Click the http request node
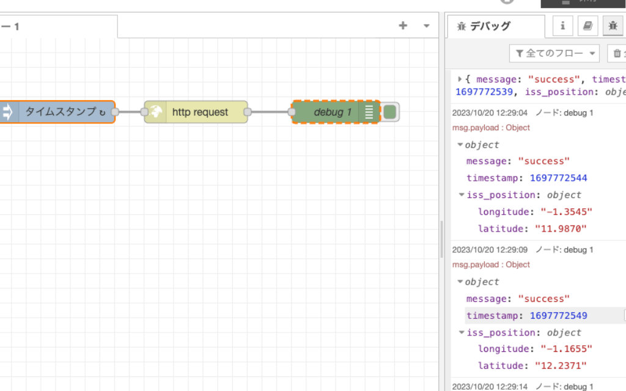click(x=196, y=112)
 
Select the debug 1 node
click(x=330, y=112)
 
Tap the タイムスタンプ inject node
click(x=61, y=112)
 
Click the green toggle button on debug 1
click(x=390, y=112)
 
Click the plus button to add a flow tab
click(x=403, y=26)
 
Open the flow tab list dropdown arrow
click(x=427, y=26)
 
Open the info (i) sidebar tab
click(x=562, y=26)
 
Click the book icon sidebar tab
click(x=587, y=26)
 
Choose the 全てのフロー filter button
click(x=554, y=54)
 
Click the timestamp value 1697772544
click(x=559, y=178)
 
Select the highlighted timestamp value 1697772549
click(x=559, y=316)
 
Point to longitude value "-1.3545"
click(x=566, y=212)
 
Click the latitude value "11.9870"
click(x=561, y=228)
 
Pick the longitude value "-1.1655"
click(x=566, y=349)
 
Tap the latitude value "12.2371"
click(x=561, y=366)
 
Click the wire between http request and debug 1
click(x=270, y=112)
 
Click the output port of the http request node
click(x=248, y=112)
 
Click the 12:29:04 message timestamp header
click(x=490, y=113)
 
